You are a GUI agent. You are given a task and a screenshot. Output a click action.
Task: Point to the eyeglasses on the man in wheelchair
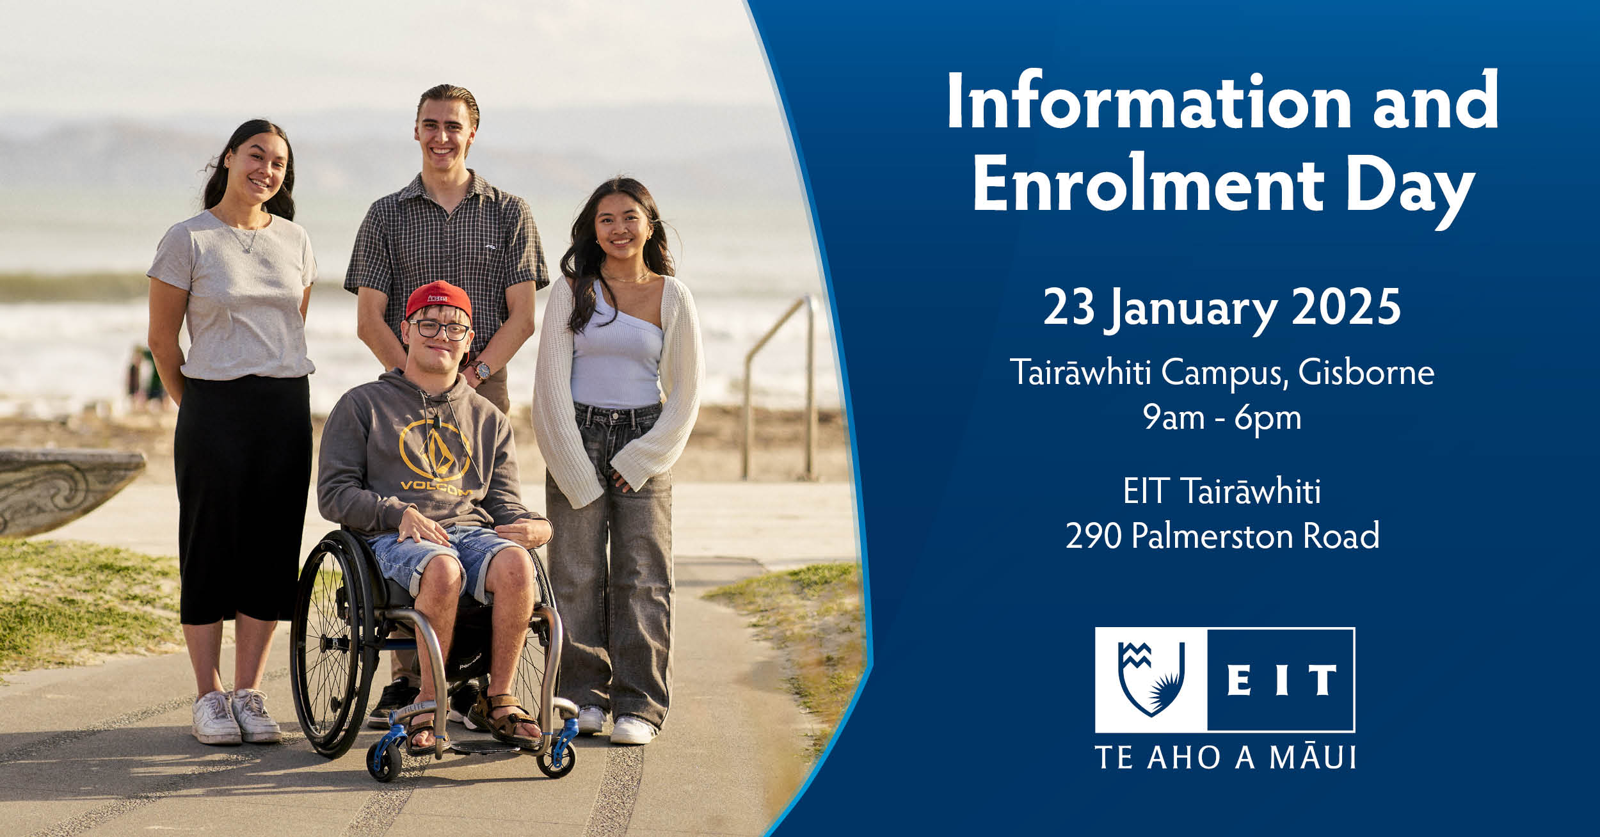(439, 330)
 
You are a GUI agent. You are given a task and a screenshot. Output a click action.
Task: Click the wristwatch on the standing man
(481, 370)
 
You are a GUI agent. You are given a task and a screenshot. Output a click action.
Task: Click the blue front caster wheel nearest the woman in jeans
(556, 758)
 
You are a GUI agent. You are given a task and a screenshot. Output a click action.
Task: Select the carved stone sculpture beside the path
(67, 490)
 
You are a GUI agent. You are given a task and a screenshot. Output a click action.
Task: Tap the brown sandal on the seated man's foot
(506, 722)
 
